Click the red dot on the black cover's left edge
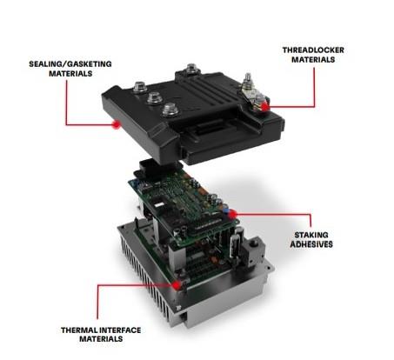click(116, 124)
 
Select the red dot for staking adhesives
click(233, 210)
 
